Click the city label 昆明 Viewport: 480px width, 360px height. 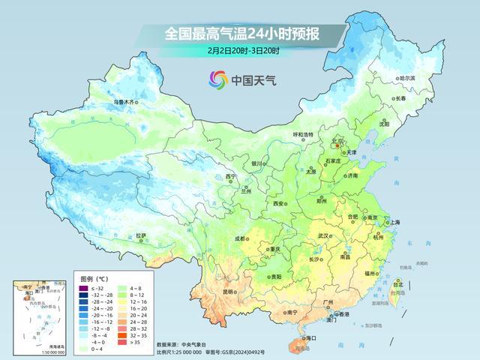tap(214, 292)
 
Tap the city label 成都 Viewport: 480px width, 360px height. tap(240, 238)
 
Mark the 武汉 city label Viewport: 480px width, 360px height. tap(324, 235)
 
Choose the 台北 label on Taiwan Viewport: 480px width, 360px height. tap(398, 284)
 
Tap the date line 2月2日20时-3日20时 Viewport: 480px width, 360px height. tap(244, 51)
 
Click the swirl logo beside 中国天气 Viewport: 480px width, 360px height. tap(218, 78)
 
